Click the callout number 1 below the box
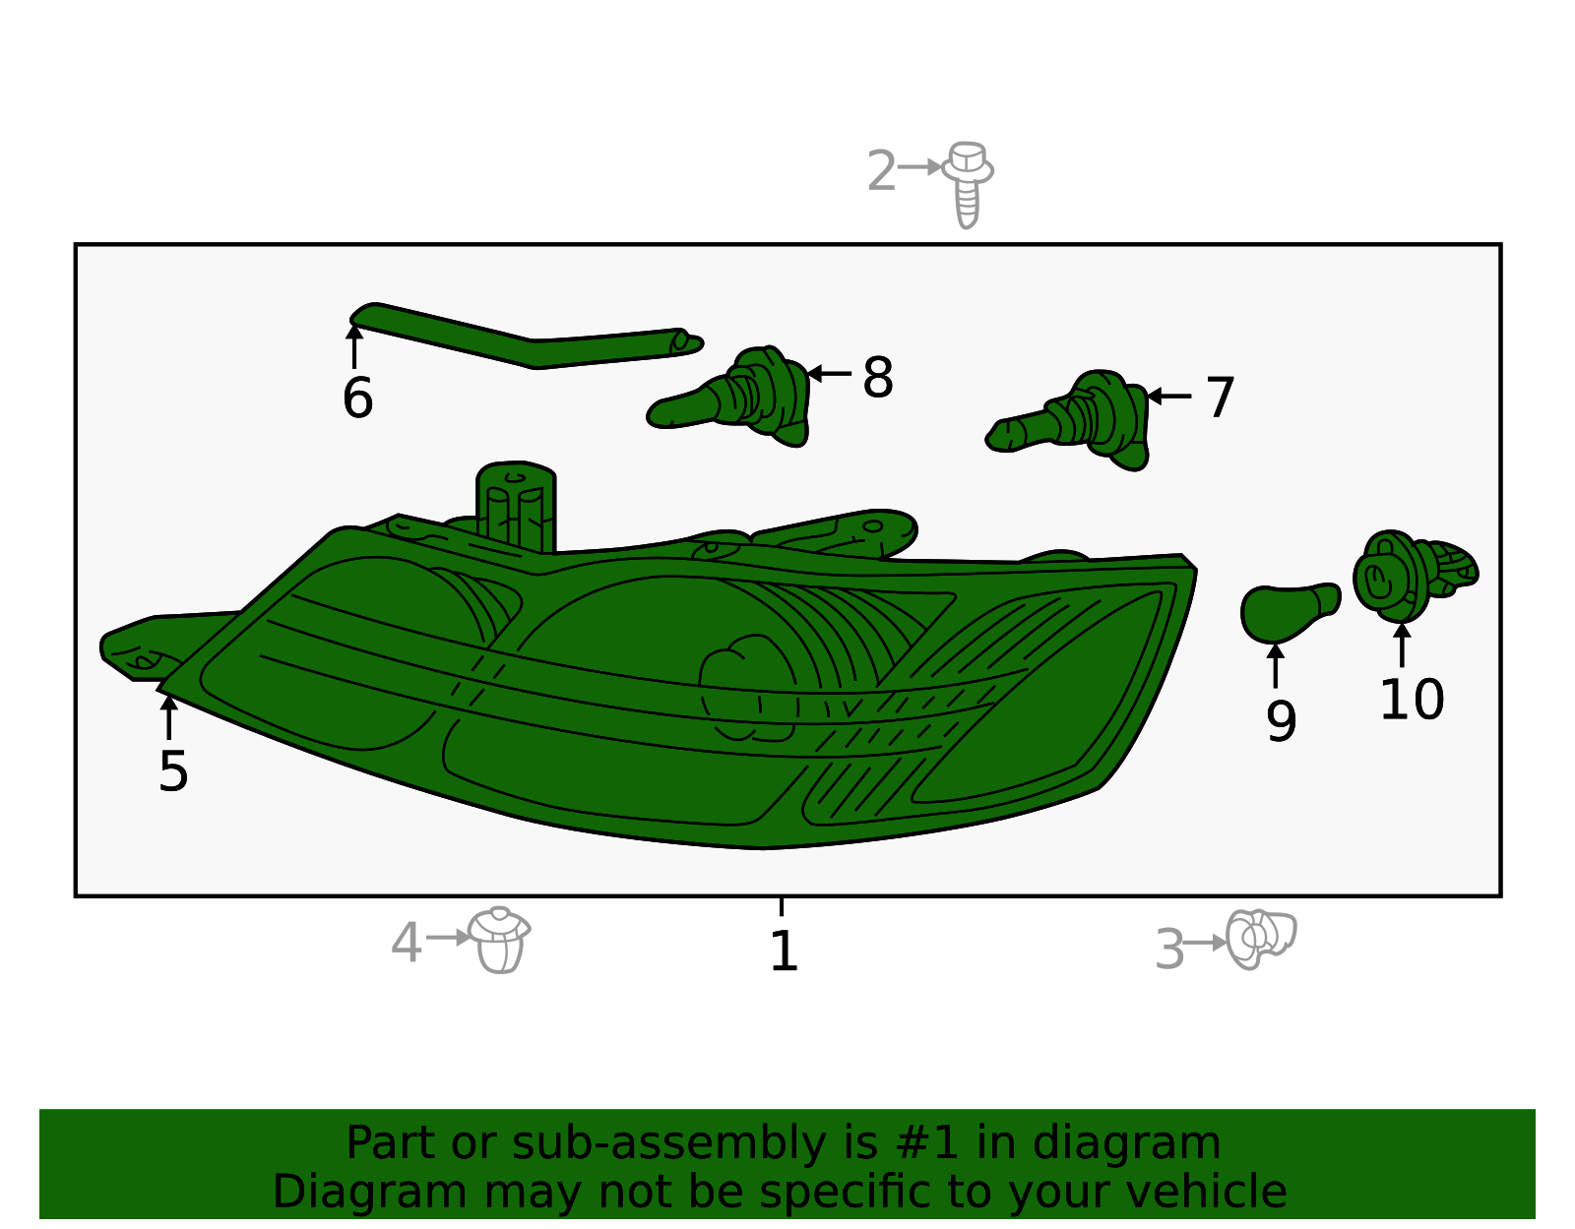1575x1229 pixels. pyautogui.click(x=783, y=951)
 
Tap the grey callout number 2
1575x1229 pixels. pyautogui.click(x=881, y=171)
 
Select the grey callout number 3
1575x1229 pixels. pyautogui.click(x=1169, y=950)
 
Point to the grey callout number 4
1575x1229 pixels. pyautogui.click(x=406, y=943)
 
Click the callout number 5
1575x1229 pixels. pyautogui.click(x=173, y=771)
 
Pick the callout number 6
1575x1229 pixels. pyautogui.click(x=357, y=398)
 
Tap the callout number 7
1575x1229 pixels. pyautogui.click(x=1220, y=397)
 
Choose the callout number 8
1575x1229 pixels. pyautogui.click(x=878, y=377)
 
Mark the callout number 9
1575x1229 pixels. pyautogui.click(x=1281, y=720)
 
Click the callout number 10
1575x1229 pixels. pyautogui.click(x=1412, y=700)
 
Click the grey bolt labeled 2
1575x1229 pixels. pyautogui.click(x=968, y=185)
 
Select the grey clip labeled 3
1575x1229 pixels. pyautogui.click(x=1260, y=940)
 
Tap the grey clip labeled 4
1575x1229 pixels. pyautogui.click(x=499, y=940)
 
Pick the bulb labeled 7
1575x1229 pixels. pyautogui.click(x=1068, y=420)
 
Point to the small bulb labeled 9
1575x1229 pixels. pyautogui.click(x=1289, y=612)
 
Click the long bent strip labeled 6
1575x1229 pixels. pyautogui.click(x=527, y=337)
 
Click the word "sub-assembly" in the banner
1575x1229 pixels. pyautogui.click(x=669, y=1143)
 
